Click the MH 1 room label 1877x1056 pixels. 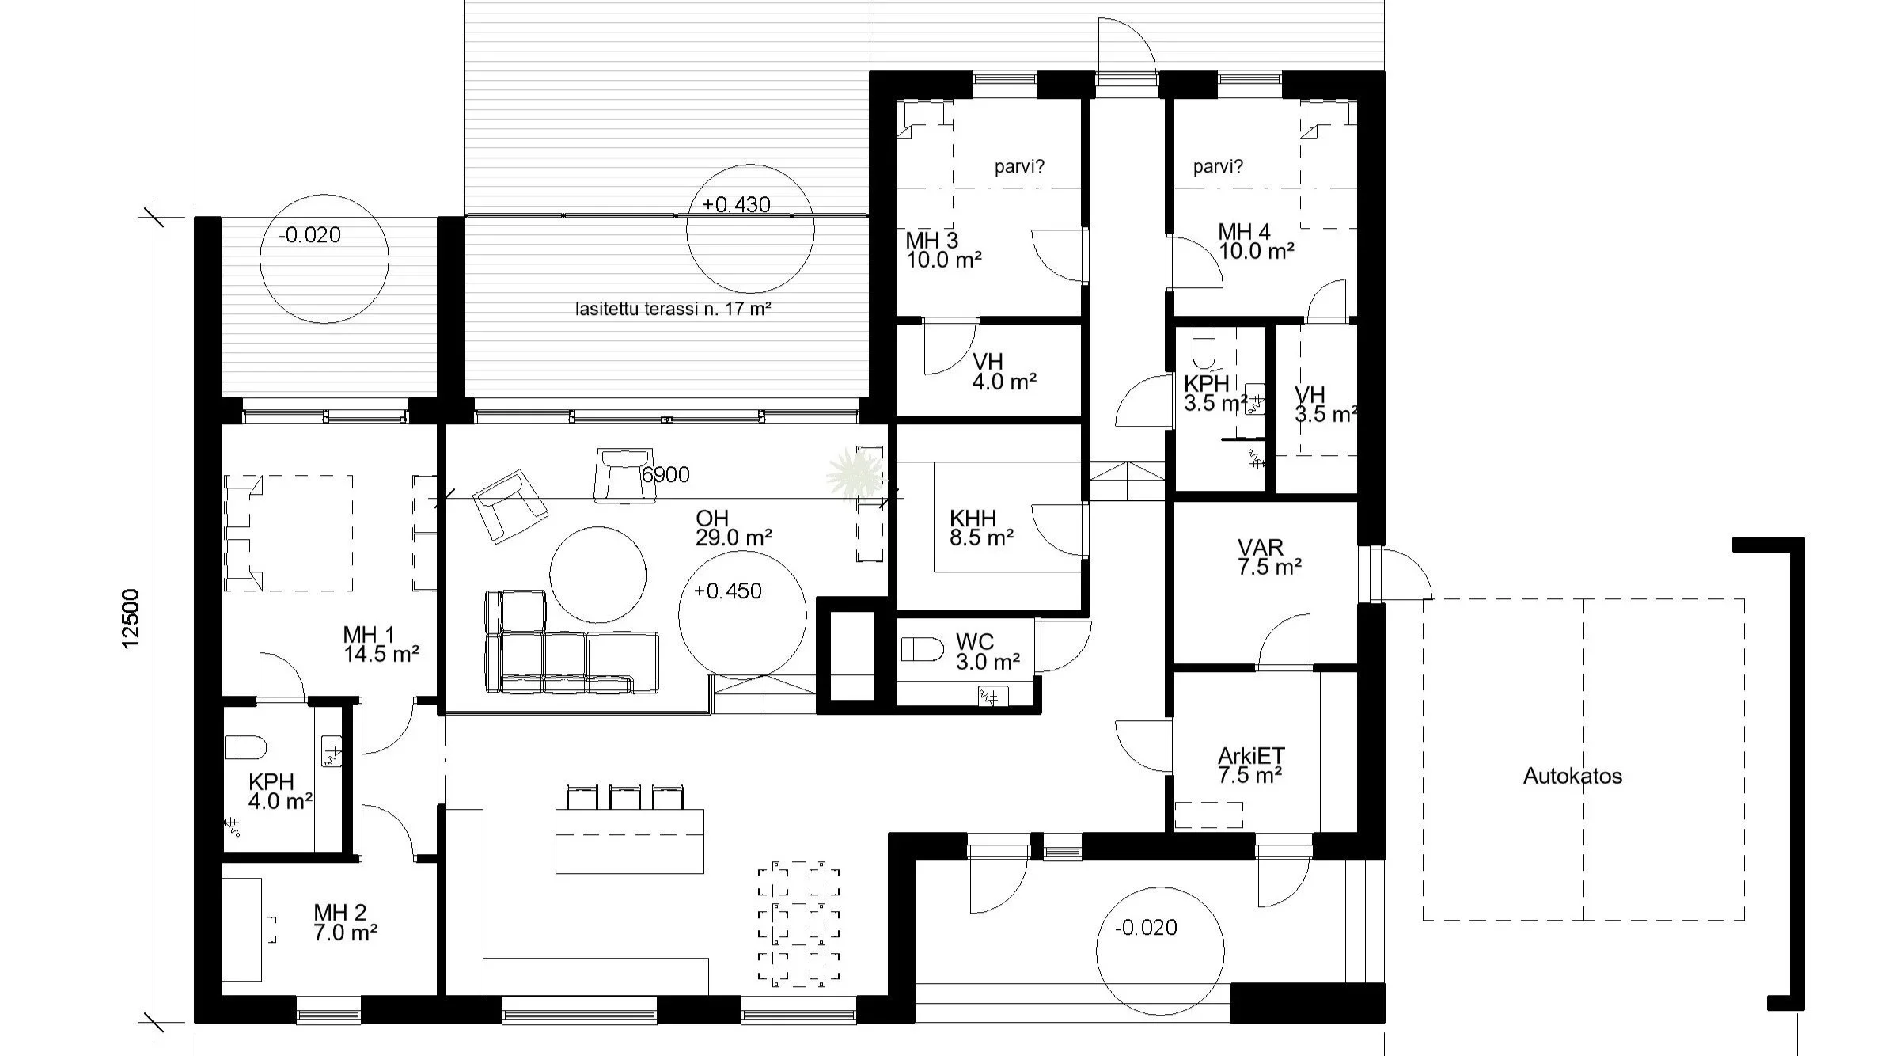[381, 644]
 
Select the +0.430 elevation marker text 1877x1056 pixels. [736, 205]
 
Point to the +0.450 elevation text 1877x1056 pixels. [727, 591]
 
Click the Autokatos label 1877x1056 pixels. [1572, 776]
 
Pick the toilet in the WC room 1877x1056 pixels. [923, 650]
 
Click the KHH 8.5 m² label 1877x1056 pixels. [981, 528]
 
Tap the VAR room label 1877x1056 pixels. [1269, 556]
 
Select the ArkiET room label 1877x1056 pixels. [1250, 765]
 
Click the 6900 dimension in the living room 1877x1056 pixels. [665, 475]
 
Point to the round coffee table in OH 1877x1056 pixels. [597, 575]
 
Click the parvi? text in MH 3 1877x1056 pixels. [1019, 167]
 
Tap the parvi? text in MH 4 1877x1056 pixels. [1218, 167]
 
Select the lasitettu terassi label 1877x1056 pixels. [673, 309]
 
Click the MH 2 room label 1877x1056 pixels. [344, 922]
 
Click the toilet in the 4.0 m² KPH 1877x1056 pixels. [246, 746]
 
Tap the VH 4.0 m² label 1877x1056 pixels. [1004, 372]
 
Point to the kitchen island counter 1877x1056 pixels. [630, 841]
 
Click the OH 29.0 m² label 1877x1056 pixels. [734, 528]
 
